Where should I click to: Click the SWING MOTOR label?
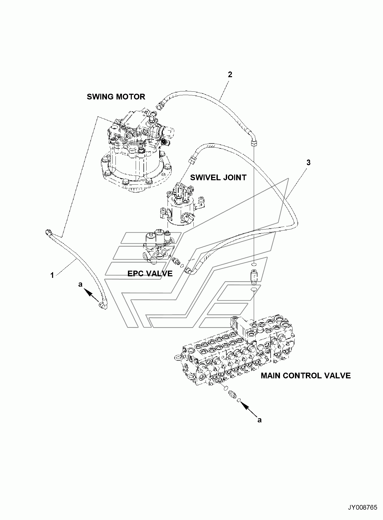tap(116, 97)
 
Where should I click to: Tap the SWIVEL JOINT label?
tap(218, 177)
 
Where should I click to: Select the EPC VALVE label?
tap(150, 274)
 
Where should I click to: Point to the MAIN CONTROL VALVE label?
tap(306, 375)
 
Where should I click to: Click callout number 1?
tap(52, 276)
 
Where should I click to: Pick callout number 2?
tap(230, 75)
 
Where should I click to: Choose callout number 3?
tap(308, 163)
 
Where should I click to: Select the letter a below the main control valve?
tap(259, 420)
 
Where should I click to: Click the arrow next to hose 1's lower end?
tap(92, 296)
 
